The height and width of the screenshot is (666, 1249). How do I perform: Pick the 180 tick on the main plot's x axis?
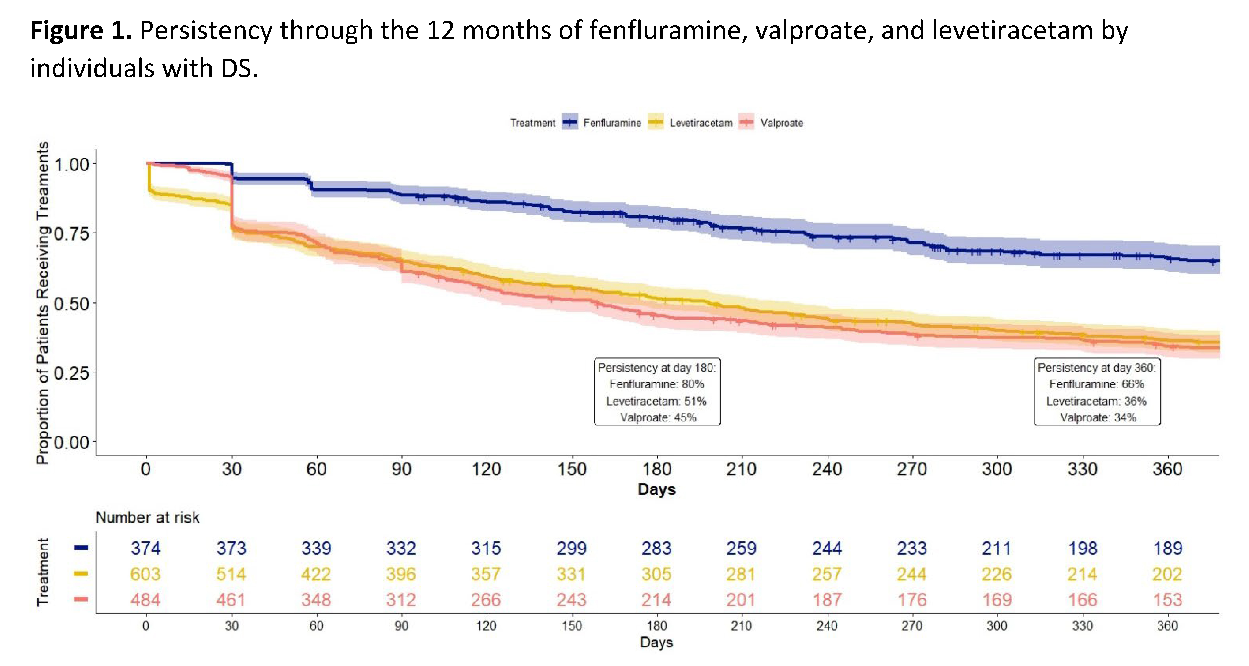tap(657, 469)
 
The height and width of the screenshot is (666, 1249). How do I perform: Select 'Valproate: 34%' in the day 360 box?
tap(1098, 417)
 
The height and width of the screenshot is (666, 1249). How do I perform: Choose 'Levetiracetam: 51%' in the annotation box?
tap(657, 401)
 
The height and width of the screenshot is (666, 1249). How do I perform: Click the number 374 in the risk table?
tap(145, 548)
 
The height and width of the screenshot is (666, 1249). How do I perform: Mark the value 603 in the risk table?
tap(145, 574)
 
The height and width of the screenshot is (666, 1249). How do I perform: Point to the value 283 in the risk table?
tap(657, 548)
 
